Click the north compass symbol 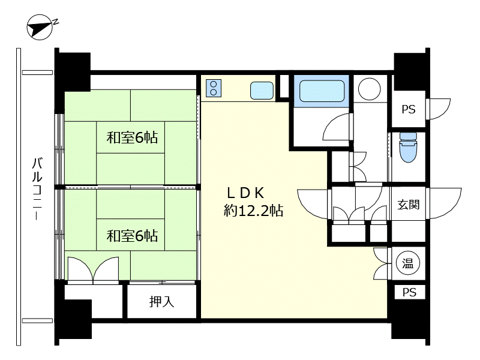pos(38,27)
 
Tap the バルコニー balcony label pos(37,188)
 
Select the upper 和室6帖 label pos(132,137)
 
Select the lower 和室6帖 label pos(132,236)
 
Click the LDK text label pos(245,193)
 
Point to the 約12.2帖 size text pos(253,211)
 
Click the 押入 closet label pos(161,302)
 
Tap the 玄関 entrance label pos(409,204)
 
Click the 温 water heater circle pos(407,263)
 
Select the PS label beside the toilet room pos(409,109)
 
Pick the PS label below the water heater pos(409,292)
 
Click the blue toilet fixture pos(408,147)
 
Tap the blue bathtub pos(322,91)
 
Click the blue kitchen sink pos(262,91)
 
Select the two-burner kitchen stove pos(214,88)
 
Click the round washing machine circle pos(369,89)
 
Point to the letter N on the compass pos(55,22)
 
